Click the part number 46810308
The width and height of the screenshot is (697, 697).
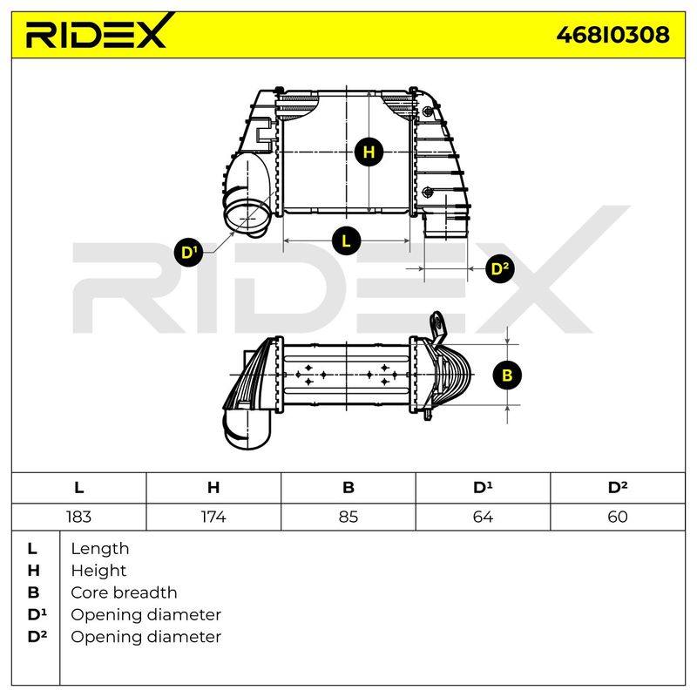612,35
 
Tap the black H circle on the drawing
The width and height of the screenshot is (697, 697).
369,152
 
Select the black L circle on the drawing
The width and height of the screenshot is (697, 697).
346,241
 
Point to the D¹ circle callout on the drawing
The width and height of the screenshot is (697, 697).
188,253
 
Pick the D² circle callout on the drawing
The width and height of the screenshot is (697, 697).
499,268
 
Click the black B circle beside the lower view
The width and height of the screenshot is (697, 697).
507,376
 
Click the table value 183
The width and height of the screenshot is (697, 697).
78,517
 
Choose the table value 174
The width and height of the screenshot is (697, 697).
213,517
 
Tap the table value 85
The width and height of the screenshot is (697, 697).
348,517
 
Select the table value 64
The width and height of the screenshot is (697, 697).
483,517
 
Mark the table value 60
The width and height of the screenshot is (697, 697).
618,517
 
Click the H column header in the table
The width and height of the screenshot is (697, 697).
213,488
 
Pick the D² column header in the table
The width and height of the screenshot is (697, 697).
618,487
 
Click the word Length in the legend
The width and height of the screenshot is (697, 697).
100,549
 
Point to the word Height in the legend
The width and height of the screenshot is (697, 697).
98,571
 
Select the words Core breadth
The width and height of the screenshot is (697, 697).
124,592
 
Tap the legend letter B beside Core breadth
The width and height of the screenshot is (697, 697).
33,592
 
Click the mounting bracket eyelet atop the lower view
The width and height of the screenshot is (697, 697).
436,322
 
